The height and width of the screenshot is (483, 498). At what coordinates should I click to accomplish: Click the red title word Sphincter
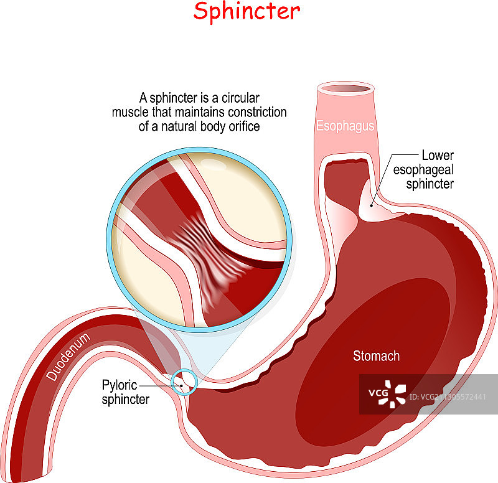[x=246, y=11]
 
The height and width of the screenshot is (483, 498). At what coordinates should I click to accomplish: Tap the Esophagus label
[x=345, y=126]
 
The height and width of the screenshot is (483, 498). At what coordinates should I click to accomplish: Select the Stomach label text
[x=376, y=357]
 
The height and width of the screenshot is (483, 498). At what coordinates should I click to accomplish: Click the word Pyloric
[x=120, y=387]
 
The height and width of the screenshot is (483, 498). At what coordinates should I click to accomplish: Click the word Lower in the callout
[x=437, y=155]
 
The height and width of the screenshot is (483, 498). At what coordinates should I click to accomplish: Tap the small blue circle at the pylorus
[x=184, y=382]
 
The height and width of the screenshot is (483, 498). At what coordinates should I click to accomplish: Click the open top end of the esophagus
[x=345, y=89]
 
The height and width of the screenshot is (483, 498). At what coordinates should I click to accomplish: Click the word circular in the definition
[x=237, y=98]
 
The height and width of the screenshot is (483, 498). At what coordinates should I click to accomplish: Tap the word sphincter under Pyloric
[x=126, y=400]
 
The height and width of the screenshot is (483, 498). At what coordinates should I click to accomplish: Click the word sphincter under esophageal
[x=430, y=184]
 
